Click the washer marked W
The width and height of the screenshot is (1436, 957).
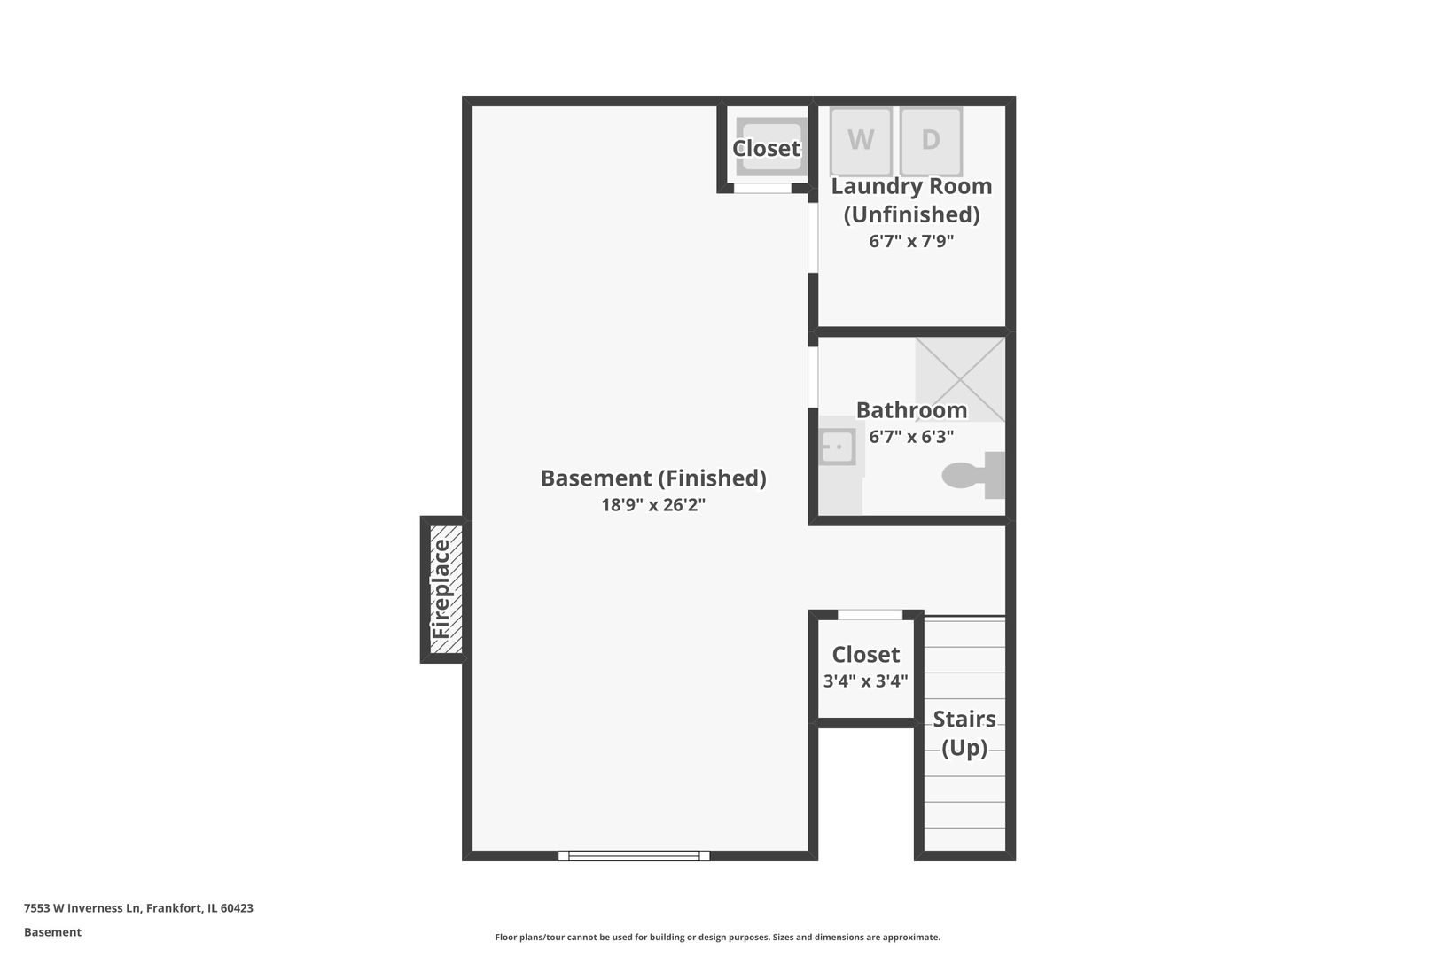pyautogui.click(x=860, y=141)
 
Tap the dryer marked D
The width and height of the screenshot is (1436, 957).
pyautogui.click(x=931, y=141)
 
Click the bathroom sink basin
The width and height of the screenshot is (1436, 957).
pyautogui.click(x=836, y=447)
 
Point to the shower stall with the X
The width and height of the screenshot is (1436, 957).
pyautogui.click(x=960, y=378)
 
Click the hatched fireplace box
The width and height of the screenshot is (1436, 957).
pyautogui.click(x=442, y=589)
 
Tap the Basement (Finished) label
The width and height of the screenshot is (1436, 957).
pyautogui.click(x=653, y=478)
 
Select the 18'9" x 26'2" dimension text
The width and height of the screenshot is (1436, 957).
pyautogui.click(x=653, y=505)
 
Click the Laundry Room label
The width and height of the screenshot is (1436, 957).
pyautogui.click(x=911, y=187)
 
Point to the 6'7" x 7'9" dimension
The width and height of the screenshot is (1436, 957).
pyautogui.click(x=911, y=241)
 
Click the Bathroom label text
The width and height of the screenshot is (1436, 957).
pyautogui.click(x=911, y=410)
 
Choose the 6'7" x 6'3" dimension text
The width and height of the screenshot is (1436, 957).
pyautogui.click(x=911, y=437)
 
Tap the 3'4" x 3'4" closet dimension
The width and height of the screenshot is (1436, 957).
pyautogui.click(x=865, y=681)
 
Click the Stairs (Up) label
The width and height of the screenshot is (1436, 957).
pyautogui.click(x=964, y=733)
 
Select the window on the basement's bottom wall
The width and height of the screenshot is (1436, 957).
pyautogui.click(x=634, y=856)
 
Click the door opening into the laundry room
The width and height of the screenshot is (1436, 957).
pyautogui.click(x=813, y=237)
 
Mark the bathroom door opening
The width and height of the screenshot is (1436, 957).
pyautogui.click(x=813, y=377)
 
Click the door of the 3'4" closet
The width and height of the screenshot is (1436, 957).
pyautogui.click(x=870, y=615)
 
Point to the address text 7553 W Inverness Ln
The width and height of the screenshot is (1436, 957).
pyautogui.click(x=138, y=908)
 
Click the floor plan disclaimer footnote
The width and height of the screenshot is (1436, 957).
pyautogui.click(x=717, y=937)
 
